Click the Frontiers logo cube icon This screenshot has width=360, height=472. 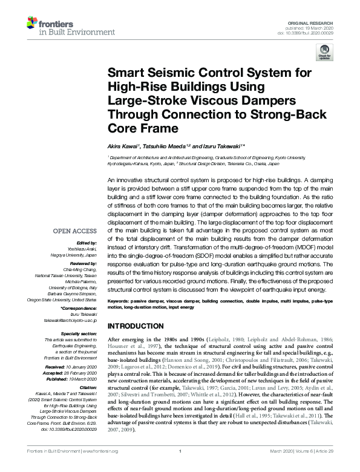(31, 24)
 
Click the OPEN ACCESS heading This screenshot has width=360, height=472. (76, 231)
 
